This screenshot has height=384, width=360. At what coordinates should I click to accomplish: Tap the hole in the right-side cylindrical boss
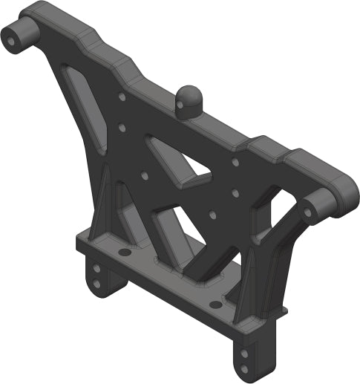[308, 212]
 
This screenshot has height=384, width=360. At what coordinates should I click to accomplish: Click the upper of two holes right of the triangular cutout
[235, 161]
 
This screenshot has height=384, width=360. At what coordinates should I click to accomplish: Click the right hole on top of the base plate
[215, 305]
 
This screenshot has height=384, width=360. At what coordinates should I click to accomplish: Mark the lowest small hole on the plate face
[212, 215]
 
